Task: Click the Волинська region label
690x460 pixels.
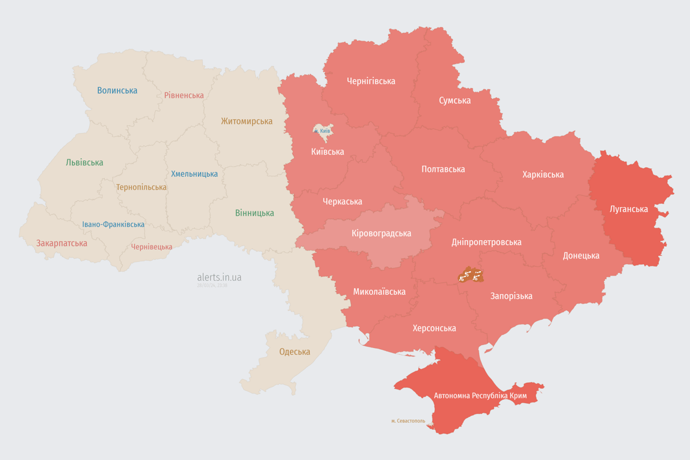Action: tap(117, 90)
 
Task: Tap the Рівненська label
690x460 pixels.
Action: tap(184, 95)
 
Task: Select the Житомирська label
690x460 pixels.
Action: tap(246, 121)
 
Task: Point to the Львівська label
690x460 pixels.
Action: tap(84, 162)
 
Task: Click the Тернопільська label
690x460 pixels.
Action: tap(141, 187)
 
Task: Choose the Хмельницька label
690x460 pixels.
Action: tap(194, 174)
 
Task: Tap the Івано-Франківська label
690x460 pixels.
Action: tap(113, 225)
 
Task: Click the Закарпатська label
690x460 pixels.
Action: tap(62, 243)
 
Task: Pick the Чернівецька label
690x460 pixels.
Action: tap(152, 247)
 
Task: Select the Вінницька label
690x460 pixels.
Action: tap(255, 213)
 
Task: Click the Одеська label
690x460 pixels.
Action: tap(295, 352)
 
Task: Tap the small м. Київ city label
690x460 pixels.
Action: tap(322, 131)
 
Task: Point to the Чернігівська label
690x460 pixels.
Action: tap(371, 81)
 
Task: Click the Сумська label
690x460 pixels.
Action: tap(455, 100)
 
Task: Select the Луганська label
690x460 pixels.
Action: tap(628, 209)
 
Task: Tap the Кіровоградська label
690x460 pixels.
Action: tap(381, 233)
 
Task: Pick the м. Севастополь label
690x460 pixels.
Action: tap(408, 421)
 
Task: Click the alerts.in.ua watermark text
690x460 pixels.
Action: tap(219, 277)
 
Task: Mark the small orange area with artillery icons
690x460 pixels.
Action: tap(470, 276)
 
